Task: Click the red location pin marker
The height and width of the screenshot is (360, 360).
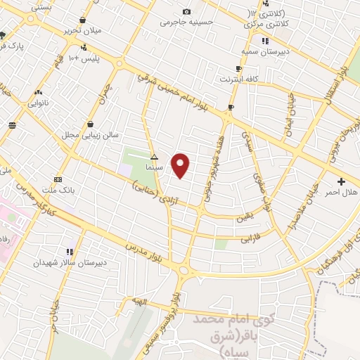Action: (x=181, y=165)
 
